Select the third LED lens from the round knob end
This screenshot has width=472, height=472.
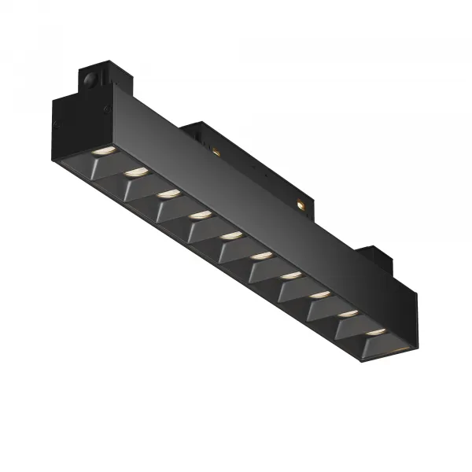(167, 192)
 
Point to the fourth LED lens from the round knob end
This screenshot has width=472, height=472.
(198, 214)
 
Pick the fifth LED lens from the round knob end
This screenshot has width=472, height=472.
(230, 235)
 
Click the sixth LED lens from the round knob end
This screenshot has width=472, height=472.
(260, 256)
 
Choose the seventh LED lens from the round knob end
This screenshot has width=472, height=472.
(291, 275)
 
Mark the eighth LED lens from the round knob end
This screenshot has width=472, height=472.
(320, 295)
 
